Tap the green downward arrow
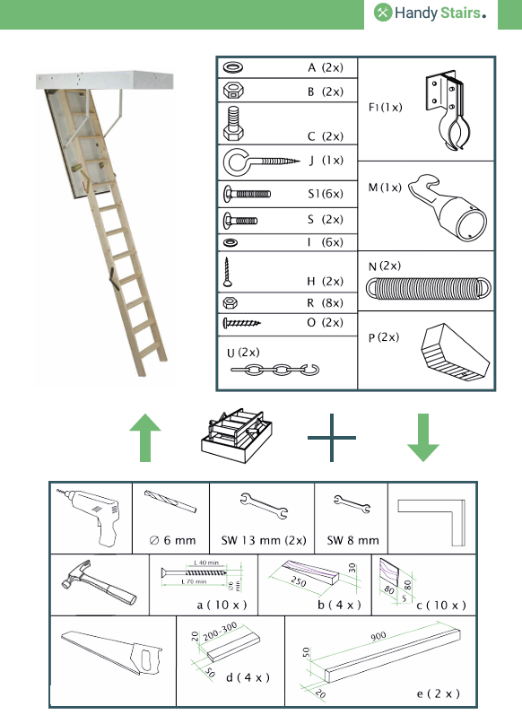point(423,437)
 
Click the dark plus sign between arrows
point(332,439)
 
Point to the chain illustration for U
point(274,369)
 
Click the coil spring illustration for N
point(430,286)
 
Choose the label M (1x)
point(385,188)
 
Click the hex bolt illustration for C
point(234,123)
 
